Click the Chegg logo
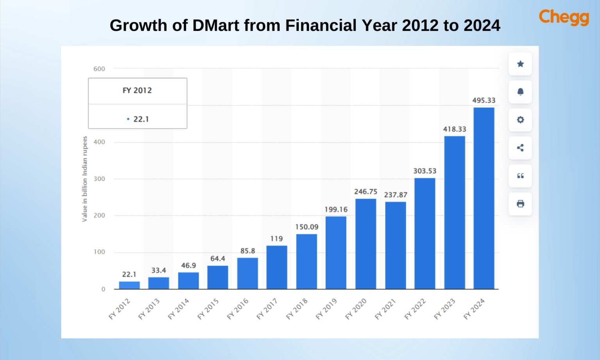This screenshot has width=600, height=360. point(564,17)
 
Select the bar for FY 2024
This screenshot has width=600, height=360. point(484,198)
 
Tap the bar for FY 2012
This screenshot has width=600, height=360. point(129,285)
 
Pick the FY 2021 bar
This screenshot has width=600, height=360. point(395,245)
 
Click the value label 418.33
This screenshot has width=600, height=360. point(454,129)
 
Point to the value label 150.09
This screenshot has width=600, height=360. point(307,227)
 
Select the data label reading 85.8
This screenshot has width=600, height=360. point(248,251)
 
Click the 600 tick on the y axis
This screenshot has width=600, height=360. point(99,69)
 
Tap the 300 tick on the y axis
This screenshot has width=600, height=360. point(99,179)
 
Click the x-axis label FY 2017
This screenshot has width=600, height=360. point(267,309)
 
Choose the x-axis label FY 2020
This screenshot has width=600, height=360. point(356,309)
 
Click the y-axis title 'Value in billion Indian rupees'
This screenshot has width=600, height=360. point(85,179)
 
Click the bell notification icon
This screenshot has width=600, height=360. point(520,92)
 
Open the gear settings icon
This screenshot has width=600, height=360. point(520,120)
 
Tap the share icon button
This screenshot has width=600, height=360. point(520,148)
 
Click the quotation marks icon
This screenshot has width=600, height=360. point(520,176)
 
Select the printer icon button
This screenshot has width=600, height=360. point(520,204)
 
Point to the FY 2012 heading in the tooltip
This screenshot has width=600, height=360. point(137,91)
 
